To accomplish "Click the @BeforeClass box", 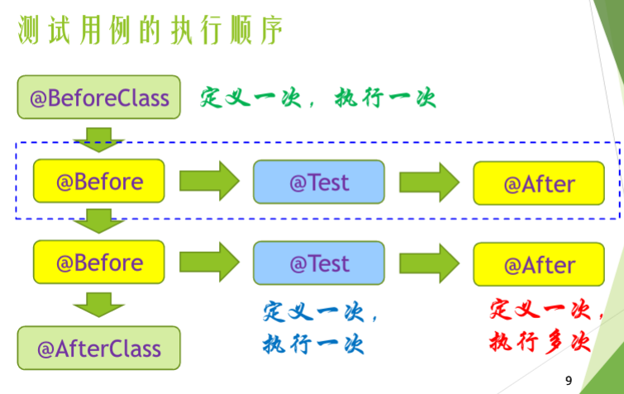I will pyautogui.click(x=99, y=97).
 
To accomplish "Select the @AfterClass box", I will pyautogui.click(x=99, y=347).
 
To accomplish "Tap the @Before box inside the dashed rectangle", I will pyautogui.click(x=99, y=182).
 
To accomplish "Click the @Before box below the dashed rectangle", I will pyautogui.click(x=99, y=263).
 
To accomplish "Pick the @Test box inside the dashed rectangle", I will pyautogui.click(x=319, y=182).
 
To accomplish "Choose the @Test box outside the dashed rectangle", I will pyautogui.click(x=319, y=263).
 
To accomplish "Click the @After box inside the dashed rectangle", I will pyautogui.click(x=539, y=183).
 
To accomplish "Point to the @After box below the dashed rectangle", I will pyautogui.click(x=539, y=264).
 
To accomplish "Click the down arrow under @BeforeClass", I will pyautogui.click(x=98, y=139).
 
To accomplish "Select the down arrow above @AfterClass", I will pyautogui.click(x=98, y=305).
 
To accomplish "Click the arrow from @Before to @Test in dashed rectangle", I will pyautogui.click(x=209, y=182).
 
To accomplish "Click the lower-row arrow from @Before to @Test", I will pyautogui.click(x=209, y=263).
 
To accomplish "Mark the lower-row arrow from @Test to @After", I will pyautogui.click(x=429, y=263).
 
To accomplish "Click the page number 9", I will pyautogui.click(x=568, y=381).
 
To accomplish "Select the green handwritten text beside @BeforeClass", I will pyautogui.click(x=317, y=98).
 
